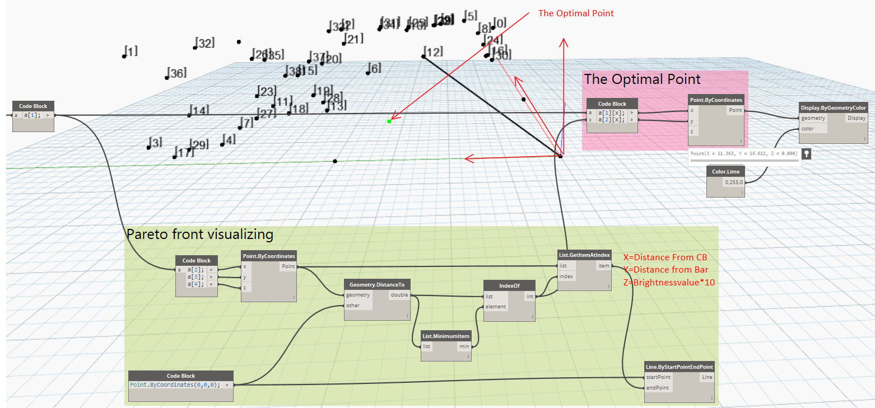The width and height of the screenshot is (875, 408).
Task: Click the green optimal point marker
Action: [x=389, y=121]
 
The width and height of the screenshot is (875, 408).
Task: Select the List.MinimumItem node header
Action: [x=446, y=336]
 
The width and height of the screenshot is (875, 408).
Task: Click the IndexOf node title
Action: [x=509, y=285]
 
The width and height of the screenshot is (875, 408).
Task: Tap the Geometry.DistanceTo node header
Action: [x=377, y=285]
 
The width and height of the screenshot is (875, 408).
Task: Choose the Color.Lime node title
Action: [x=725, y=171]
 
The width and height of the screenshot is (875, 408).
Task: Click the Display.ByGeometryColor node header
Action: [x=833, y=107]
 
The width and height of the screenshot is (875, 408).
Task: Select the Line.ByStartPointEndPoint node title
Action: [x=679, y=367]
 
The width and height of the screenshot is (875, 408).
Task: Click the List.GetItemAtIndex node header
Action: [x=584, y=255]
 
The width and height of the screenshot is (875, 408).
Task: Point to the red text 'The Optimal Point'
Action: [x=576, y=13]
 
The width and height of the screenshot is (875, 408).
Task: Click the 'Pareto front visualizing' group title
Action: [x=200, y=235]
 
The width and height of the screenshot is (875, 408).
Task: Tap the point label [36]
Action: [x=177, y=73]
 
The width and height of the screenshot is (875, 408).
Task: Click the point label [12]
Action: [x=433, y=52]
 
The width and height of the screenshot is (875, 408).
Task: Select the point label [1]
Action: [x=131, y=51]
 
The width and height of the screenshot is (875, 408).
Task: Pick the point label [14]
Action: [x=199, y=110]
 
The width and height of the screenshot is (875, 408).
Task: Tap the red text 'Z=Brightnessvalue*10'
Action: [x=669, y=282]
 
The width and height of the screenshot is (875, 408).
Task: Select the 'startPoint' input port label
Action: [x=658, y=377]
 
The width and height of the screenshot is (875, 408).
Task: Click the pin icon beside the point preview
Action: [x=806, y=153]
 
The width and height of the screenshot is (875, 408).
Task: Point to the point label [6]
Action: [x=374, y=68]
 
